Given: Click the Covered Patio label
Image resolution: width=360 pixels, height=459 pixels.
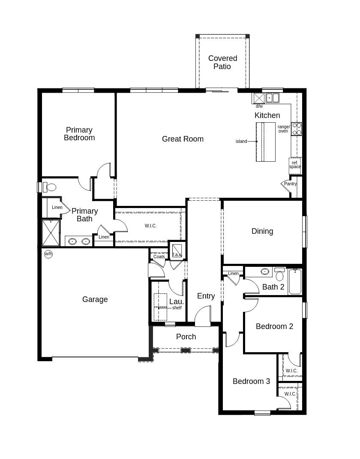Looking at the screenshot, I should click(222, 62).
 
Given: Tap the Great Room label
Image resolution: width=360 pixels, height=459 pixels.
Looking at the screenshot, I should click(183, 139).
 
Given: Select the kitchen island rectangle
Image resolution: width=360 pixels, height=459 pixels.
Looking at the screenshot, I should click(266, 142).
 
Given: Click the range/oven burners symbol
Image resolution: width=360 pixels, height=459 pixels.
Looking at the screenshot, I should click(297, 129).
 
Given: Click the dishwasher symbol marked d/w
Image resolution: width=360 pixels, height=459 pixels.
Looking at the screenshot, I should click(259, 98).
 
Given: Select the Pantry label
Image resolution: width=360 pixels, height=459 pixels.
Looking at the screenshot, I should click(290, 184).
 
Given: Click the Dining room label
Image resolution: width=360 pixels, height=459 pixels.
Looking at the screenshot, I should click(262, 231).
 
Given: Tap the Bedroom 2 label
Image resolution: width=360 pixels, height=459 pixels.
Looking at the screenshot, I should click(274, 326).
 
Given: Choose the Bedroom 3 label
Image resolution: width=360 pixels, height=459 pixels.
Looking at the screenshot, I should click(251, 381).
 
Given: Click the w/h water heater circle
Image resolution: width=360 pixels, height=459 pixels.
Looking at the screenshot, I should click(48, 254).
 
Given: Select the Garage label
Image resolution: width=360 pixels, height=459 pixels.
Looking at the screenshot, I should click(95, 299).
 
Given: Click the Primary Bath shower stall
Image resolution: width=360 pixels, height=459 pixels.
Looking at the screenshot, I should click(51, 233).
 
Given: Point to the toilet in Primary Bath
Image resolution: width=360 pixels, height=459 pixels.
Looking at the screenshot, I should click(50, 187).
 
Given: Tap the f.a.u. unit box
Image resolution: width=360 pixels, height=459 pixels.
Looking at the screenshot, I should click(177, 250).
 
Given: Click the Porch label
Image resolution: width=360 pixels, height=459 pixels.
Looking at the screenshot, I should click(186, 337).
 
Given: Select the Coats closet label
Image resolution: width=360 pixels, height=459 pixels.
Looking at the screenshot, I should click(159, 257).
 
